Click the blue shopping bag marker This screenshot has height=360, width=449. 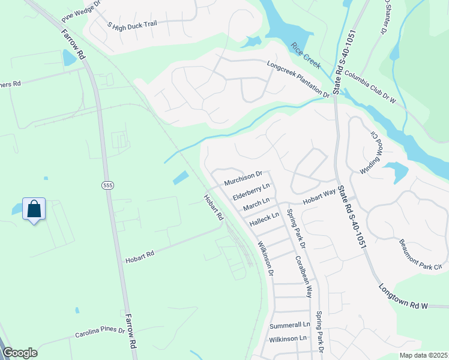[34, 209]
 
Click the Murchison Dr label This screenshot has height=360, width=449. [243, 178]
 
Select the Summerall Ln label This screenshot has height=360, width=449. [290, 325]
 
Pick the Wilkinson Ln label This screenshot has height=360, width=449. [288, 338]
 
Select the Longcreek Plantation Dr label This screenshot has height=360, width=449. [298, 79]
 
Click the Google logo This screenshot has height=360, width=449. [20, 353]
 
